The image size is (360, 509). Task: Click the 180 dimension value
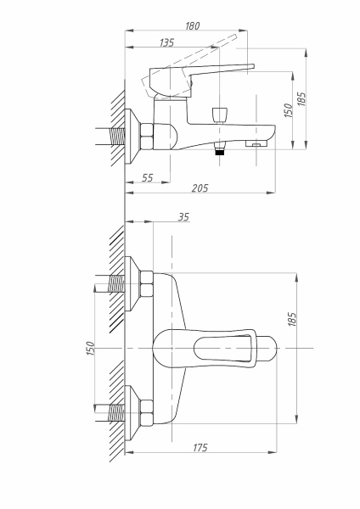(x=193, y=25)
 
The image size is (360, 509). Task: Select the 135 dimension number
(x=166, y=42)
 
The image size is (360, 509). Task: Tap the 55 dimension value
(x=147, y=178)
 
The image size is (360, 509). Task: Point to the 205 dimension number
(x=200, y=188)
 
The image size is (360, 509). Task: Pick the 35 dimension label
(x=183, y=217)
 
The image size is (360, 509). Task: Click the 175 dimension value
(x=200, y=448)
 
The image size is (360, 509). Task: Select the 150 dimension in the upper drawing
(x=288, y=110)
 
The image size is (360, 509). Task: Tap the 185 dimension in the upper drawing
(x=301, y=99)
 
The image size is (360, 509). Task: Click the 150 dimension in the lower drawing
(x=91, y=349)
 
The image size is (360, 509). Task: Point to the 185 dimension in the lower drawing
(x=292, y=320)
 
